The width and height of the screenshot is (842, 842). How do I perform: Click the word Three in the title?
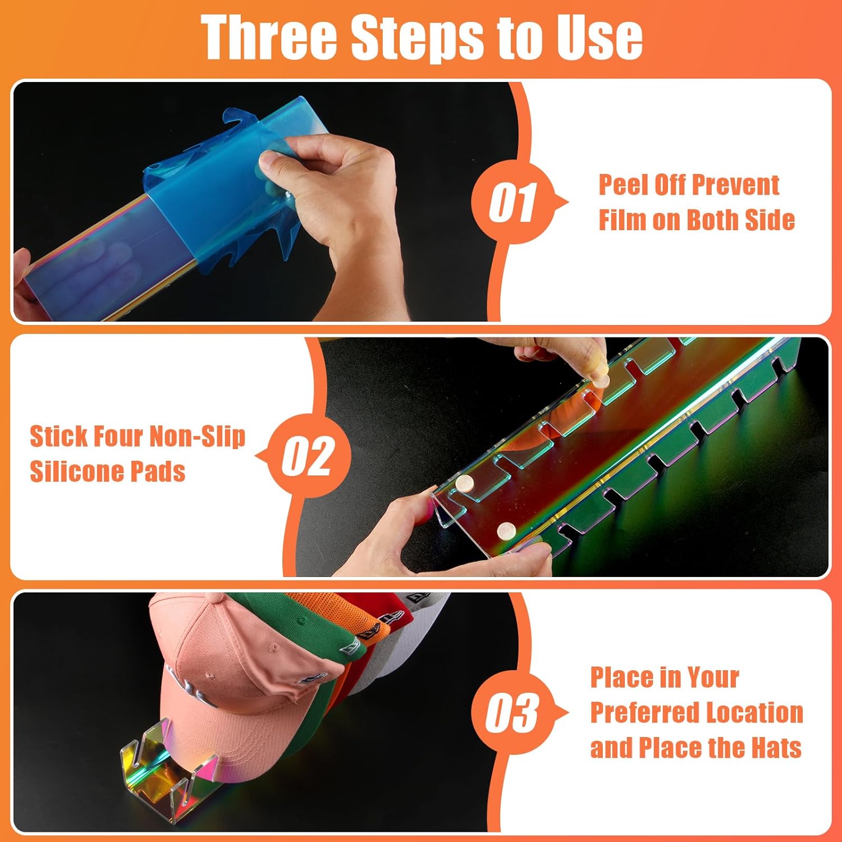pyautogui.click(x=269, y=36)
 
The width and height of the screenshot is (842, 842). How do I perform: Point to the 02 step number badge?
pyautogui.click(x=308, y=455)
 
